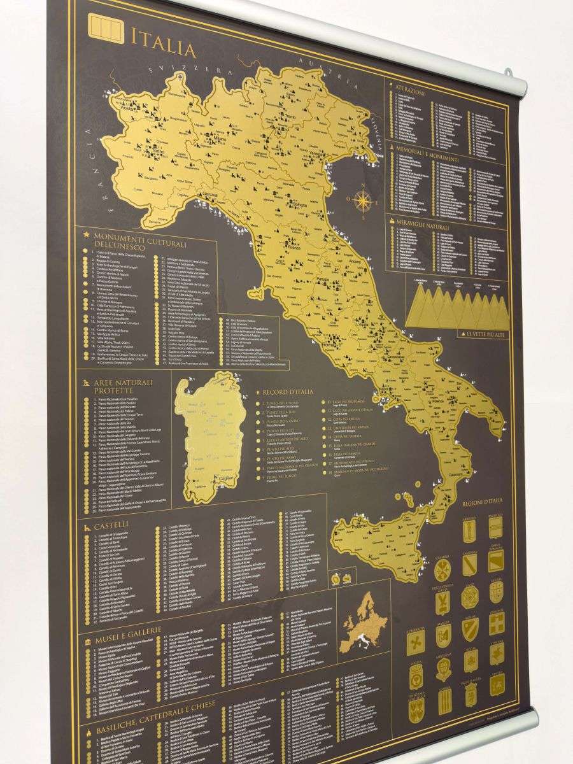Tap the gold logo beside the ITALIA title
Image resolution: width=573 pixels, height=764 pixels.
(x=105, y=30)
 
